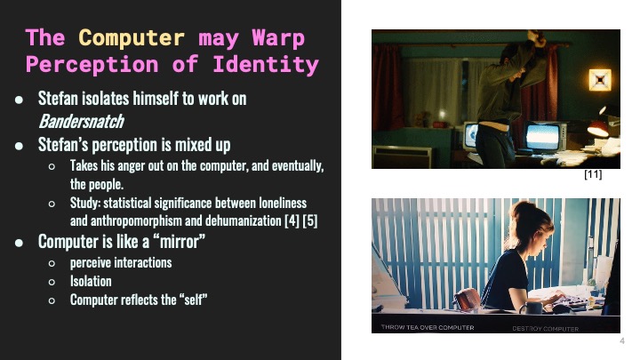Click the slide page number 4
[x=621, y=342]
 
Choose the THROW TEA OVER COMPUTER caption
[x=427, y=328]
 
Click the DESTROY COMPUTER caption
[x=545, y=328]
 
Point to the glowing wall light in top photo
[x=601, y=80]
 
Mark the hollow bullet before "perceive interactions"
[x=52, y=263]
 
